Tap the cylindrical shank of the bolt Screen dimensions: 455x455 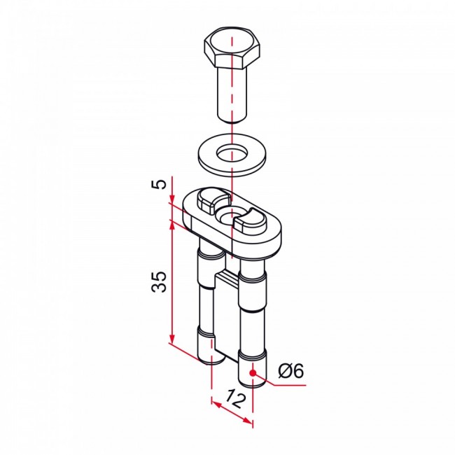point(232,94)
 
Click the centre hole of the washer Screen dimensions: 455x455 point(232,153)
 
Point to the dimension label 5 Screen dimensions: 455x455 point(160,184)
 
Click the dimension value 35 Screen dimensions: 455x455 point(160,281)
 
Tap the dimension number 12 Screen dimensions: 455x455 point(236,399)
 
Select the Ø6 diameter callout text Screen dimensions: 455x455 point(291,371)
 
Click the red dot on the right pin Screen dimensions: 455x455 point(253,373)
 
